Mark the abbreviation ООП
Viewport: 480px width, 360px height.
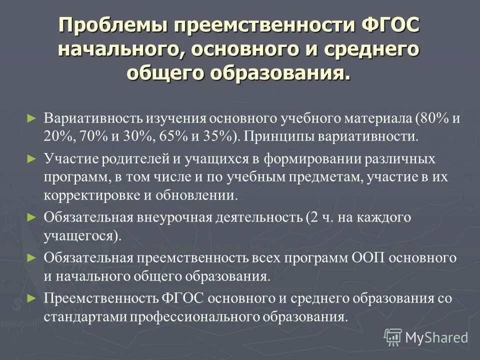coord(367,258)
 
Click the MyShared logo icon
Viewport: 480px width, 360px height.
coord(393,337)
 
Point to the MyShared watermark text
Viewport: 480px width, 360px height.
coord(436,337)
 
